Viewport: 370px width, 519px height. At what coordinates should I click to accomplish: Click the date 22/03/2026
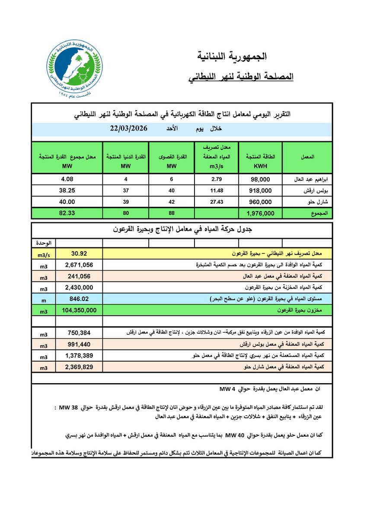[129, 128]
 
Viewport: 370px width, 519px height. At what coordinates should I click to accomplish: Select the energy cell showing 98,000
[260, 179]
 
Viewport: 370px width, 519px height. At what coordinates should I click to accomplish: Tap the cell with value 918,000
[260, 190]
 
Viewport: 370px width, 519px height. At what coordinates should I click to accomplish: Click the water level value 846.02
[81, 299]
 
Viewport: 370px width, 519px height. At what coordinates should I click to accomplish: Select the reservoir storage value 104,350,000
[81, 310]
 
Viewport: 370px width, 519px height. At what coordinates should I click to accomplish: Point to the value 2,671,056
[81, 265]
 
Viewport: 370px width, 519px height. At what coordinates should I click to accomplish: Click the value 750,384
[81, 333]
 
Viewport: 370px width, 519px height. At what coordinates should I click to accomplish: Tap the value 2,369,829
[81, 367]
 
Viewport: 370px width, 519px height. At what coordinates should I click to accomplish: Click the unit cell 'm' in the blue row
[44, 299]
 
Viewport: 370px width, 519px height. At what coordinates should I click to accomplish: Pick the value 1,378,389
[81, 356]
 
